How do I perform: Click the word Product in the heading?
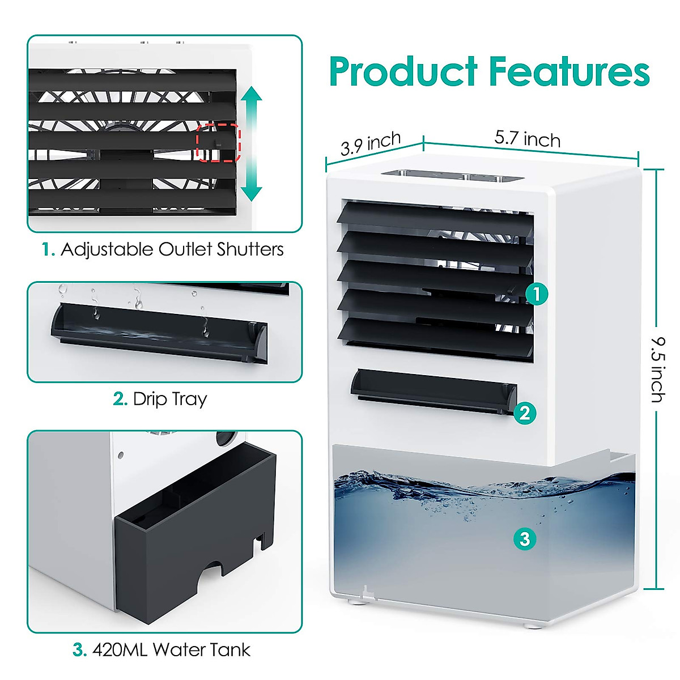tap(403, 72)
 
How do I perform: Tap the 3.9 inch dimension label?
tap(371, 144)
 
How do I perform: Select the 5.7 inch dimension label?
tap(527, 138)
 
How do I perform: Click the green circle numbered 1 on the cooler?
tap(536, 294)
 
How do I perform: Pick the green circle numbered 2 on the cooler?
tap(525, 413)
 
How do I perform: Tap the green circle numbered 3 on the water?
tap(525, 538)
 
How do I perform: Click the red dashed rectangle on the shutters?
tap(219, 143)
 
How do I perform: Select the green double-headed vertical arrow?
tap(251, 144)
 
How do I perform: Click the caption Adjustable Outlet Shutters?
tap(163, 249)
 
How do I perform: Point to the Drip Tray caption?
tap(160, 399)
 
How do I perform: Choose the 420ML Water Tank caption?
tap(162, 649)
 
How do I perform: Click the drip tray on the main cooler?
tap(433, 389)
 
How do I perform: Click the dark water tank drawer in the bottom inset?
tap(193, 538)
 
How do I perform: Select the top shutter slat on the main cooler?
tap(435, 218)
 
